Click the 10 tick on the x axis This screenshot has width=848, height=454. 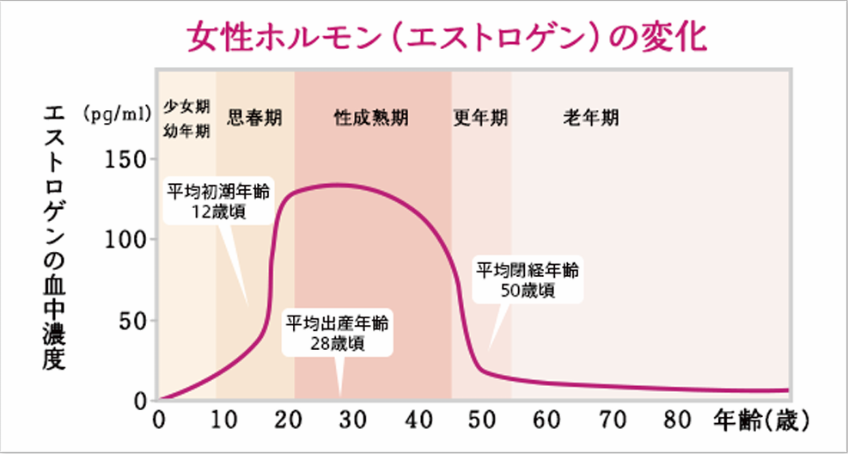pos(223,420)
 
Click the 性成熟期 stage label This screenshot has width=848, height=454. pos(371,117)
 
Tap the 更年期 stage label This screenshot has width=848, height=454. pos(480,117)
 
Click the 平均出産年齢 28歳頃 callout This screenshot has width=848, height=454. pos(338,334)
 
